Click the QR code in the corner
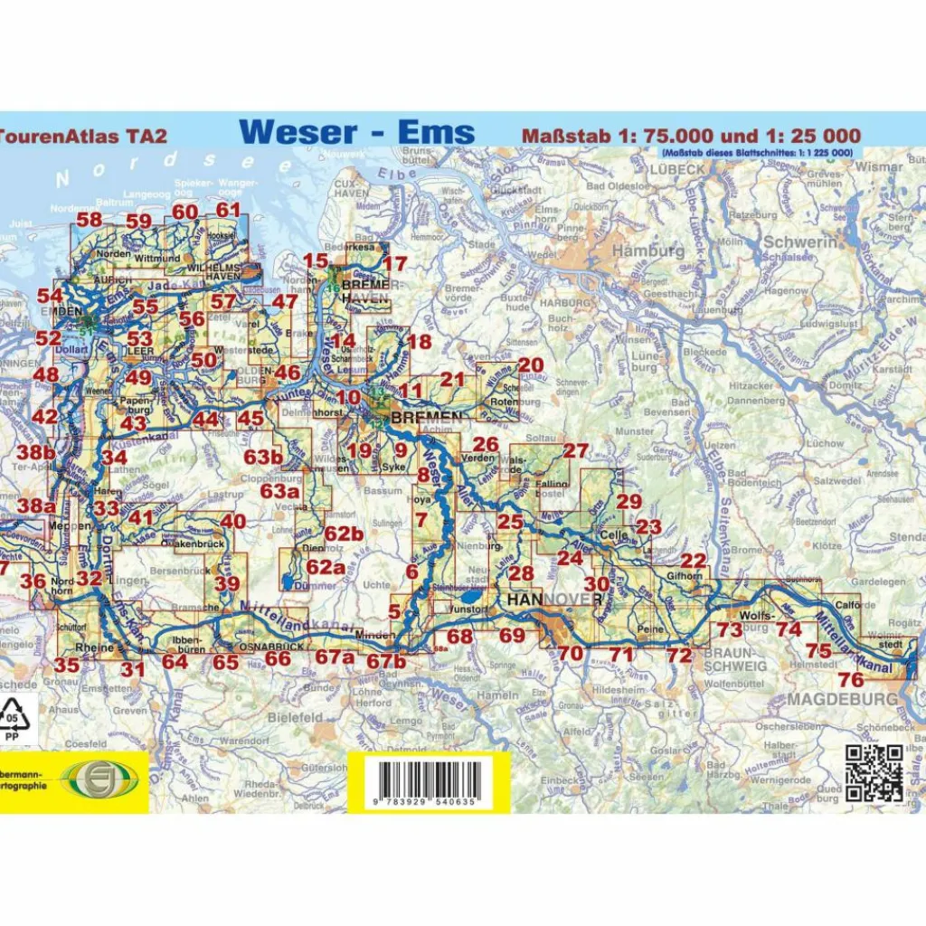click(874, 772)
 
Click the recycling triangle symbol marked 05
click(14, 717)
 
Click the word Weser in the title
click(298, 132)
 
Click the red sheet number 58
click(89, 220)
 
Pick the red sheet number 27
click(575, 451)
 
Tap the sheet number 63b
click(263, 457)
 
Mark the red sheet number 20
click(531, 364)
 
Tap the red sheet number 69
click(512, 636)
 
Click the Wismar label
click(879, 167)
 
